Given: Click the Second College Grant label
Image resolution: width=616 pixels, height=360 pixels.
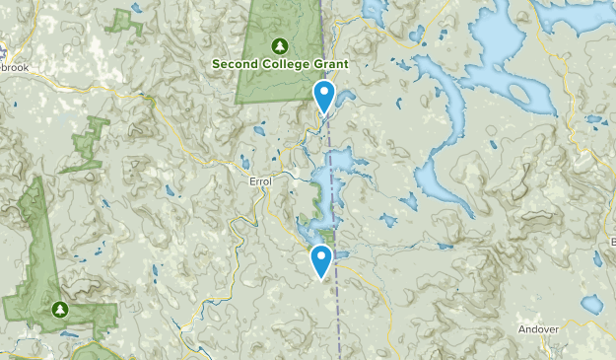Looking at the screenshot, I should point(280,64).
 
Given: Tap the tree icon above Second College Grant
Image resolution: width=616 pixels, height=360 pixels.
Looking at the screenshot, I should point(280,45).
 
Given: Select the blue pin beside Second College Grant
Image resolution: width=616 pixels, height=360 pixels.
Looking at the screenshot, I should point(323,99).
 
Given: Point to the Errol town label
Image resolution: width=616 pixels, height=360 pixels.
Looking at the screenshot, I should point(260,181).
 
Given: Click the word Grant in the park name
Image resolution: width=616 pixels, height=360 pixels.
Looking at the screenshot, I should point(331,64).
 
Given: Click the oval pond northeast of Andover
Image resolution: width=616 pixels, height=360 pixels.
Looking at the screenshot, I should point(591,304).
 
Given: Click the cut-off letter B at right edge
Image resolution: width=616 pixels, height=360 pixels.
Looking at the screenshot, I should point(612,241).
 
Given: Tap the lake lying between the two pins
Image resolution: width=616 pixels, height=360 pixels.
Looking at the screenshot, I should point(330,173).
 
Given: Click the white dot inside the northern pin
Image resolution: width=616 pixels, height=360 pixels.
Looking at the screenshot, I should point(323,95).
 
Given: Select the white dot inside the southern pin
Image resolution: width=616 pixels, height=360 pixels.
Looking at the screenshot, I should point(320,258).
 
